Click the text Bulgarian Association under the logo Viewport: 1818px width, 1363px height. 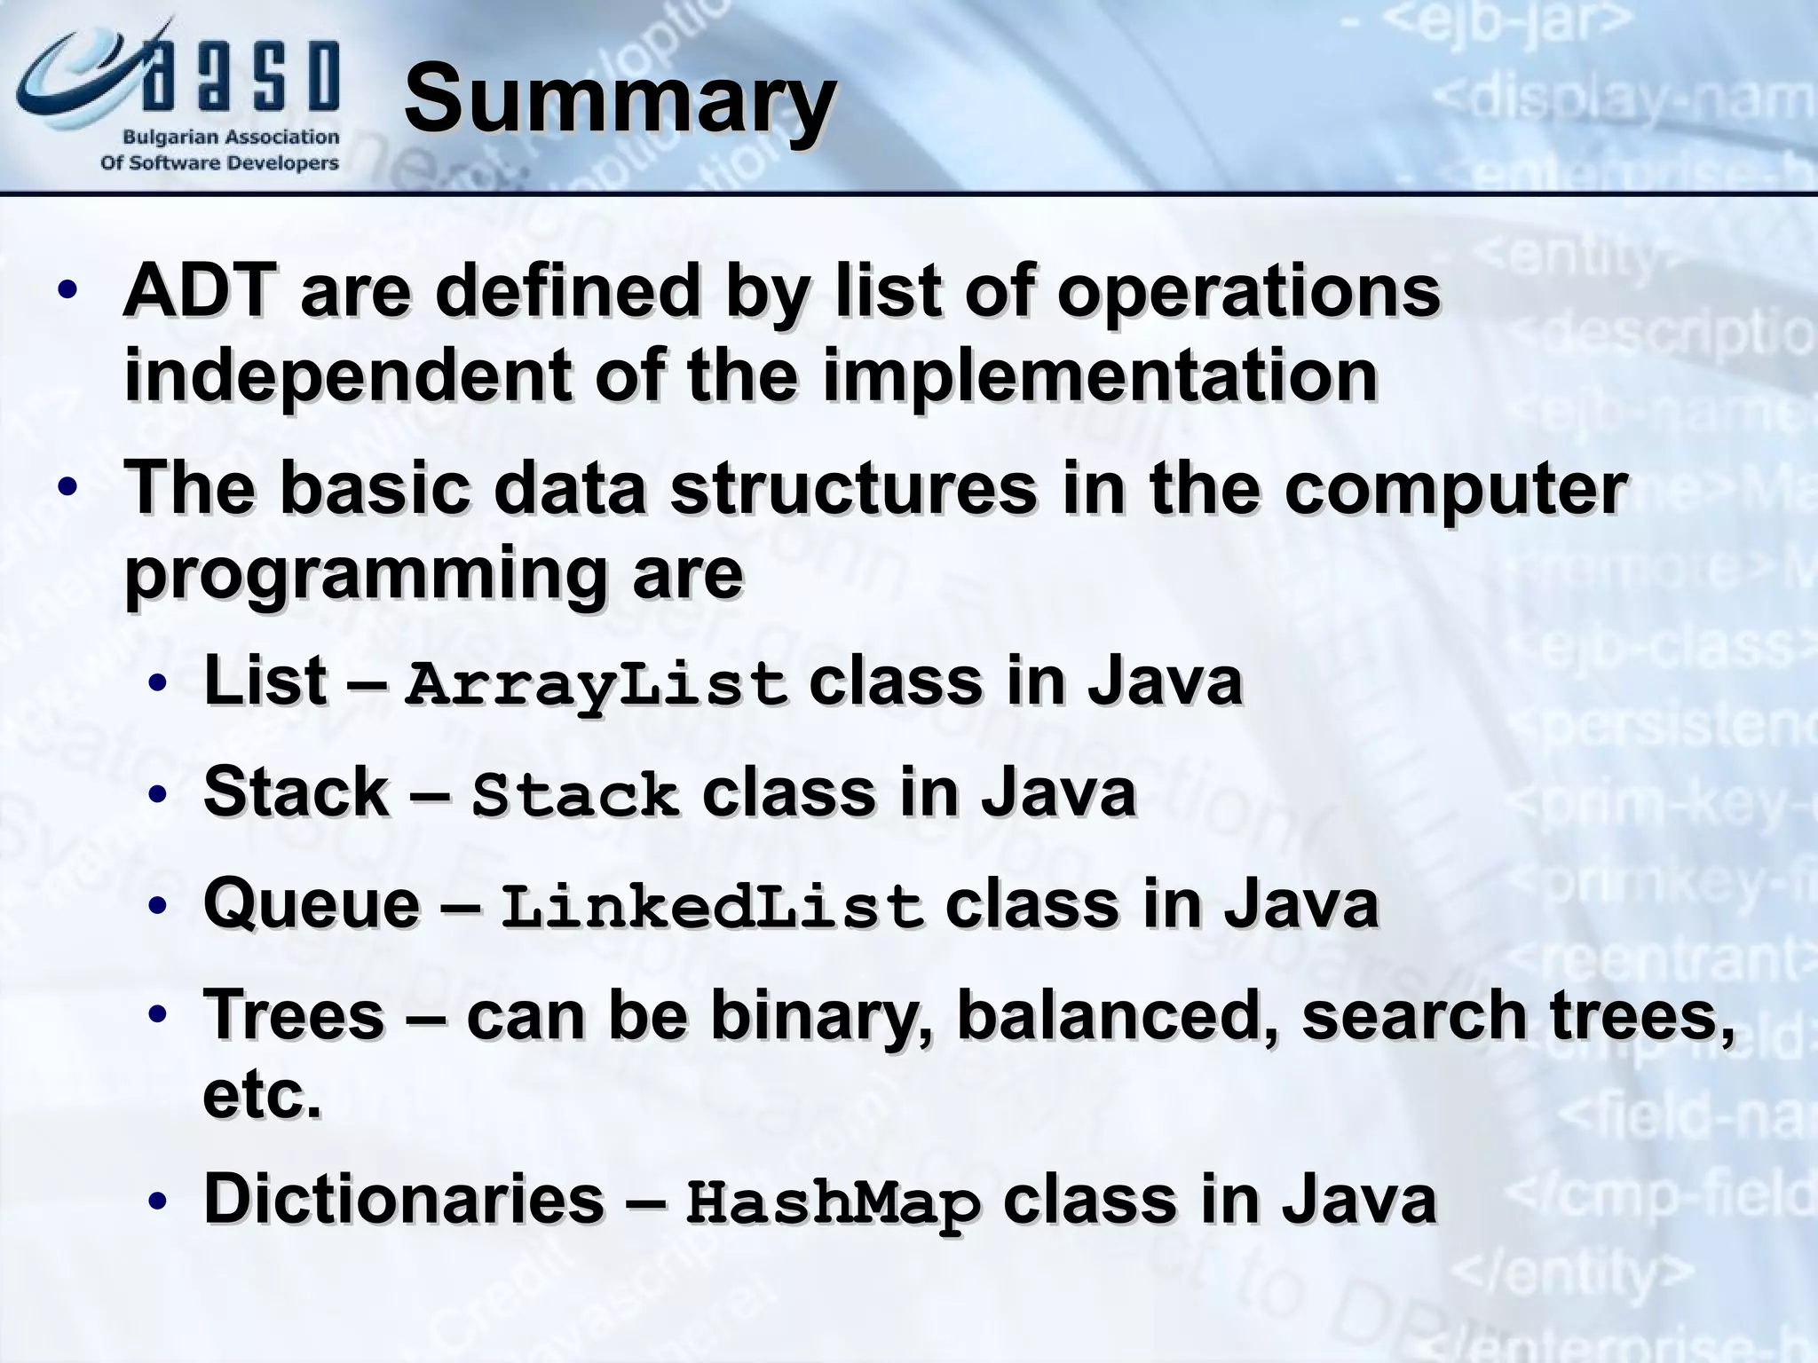(231, 138)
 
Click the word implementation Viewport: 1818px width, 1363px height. (1099, 374)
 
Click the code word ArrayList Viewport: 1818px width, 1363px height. (596, 685)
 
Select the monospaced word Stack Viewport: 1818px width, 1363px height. (574, 796)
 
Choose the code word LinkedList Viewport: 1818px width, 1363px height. (712, 908)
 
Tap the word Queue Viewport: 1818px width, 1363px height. (312, 905)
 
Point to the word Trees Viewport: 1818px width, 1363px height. (294, 1015)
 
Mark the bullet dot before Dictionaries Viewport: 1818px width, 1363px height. (157, 1201)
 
